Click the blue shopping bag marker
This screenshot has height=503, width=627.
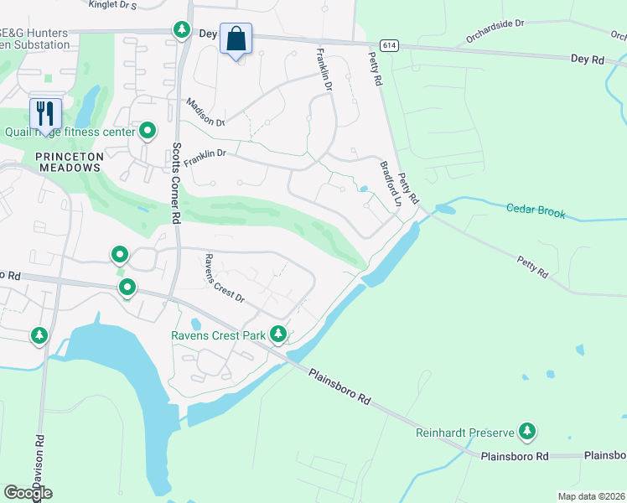pos(236,39)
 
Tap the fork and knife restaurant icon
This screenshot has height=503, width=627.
pos(45,113)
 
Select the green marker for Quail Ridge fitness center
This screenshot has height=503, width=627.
pos(148,130)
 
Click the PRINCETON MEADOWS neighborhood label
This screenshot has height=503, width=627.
pos(70,162)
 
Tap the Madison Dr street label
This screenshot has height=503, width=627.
pos(205,112)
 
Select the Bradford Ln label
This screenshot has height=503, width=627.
pos(391,184)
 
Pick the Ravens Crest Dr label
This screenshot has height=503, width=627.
pos(224,278)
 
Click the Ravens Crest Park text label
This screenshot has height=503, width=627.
pos(218,336)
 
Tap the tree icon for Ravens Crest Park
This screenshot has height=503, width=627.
pos(278,335)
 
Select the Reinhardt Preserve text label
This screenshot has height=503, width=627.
pos(464,433)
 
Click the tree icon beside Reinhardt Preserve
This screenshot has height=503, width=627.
pos(526,432)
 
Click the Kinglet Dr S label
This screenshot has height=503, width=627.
pos(114,5)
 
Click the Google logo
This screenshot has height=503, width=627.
pos(28,492)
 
